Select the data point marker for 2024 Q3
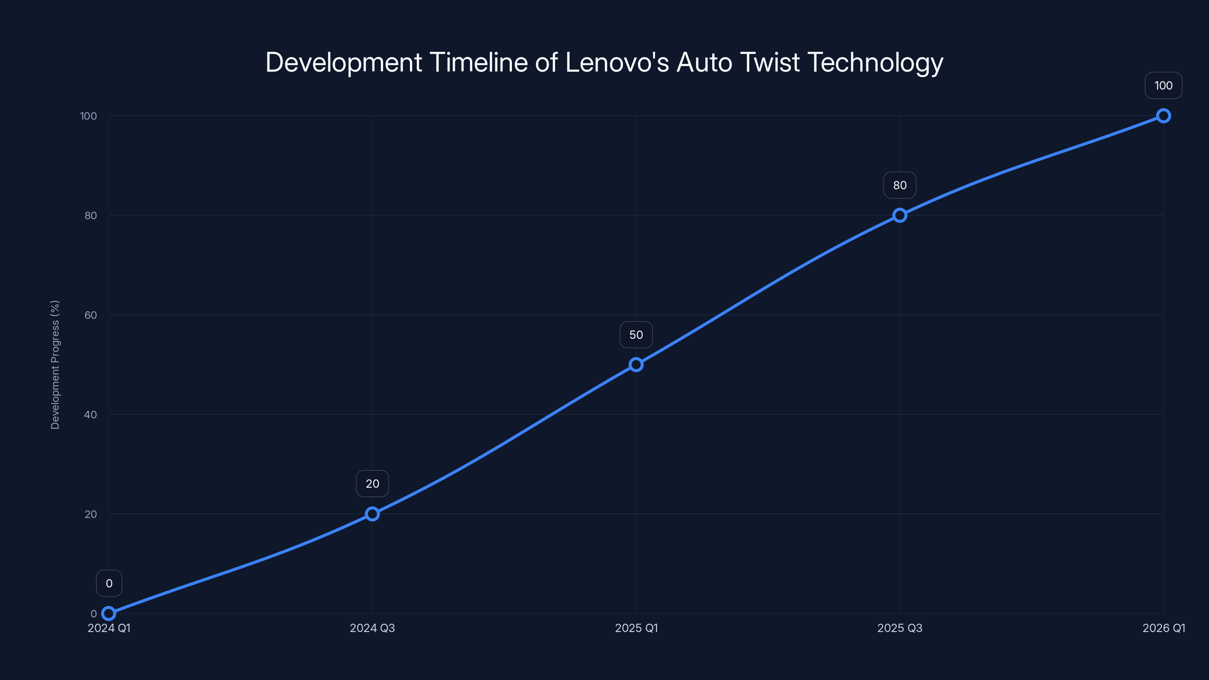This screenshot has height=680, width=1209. (x=372, y=514)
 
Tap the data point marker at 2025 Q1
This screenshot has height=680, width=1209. (x=636, y=365)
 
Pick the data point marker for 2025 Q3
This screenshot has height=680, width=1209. (x=900, y=215)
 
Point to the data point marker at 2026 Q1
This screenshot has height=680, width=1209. (x=1164, y=116)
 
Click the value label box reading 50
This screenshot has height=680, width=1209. (x=636, y=335)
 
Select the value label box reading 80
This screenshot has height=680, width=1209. (x=900, y=185)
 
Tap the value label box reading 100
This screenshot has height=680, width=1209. (x=1164, y=85)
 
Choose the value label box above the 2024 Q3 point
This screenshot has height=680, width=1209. (x=372, y=484)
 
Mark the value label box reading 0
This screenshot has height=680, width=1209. (x=109, y=583)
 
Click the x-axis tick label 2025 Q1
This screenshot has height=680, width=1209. (x=636, y=628)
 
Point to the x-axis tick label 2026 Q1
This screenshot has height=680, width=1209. (x=1164, y=628)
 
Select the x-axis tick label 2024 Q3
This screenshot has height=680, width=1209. (x=372, y=628)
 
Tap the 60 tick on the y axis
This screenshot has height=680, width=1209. (x=91, y=315)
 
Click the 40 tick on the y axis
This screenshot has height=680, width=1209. (x=91, y=414)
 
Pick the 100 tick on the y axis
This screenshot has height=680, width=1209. (x=88, y=116)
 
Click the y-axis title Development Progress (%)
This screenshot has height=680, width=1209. (x=55, y=365)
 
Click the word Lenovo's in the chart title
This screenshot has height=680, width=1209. (x=617, y=62)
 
